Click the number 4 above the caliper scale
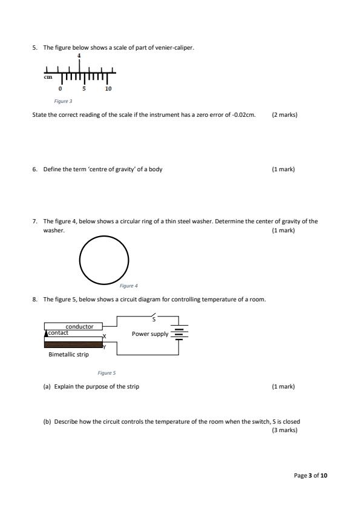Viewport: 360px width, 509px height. pos(79,56)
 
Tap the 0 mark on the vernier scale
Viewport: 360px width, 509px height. pos(60,88)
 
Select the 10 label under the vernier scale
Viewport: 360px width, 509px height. pos(108,88)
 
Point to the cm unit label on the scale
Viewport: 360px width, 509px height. pos(48,77)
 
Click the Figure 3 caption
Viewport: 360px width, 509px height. pos(63,101)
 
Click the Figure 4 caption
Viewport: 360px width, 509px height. pos(128,286)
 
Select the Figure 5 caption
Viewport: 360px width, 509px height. pos(106,373)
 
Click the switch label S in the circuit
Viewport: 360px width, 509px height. pos(154,320)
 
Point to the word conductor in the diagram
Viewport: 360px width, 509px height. pos(79,327)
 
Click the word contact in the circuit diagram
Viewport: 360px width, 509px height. pos(58,332)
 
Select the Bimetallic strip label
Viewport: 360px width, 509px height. pos(68,355)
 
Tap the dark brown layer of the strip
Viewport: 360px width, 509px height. pos(73,345)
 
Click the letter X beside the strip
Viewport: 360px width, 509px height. pos(105,337)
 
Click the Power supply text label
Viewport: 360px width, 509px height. pos(150,334)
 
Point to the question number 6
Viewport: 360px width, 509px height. pos(34,169)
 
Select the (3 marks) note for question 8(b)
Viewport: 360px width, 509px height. pos(284,430)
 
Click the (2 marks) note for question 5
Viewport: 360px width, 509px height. pos(284,114)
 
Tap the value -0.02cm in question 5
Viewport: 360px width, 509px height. pos(244,114)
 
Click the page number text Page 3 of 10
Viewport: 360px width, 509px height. pos(310,476)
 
